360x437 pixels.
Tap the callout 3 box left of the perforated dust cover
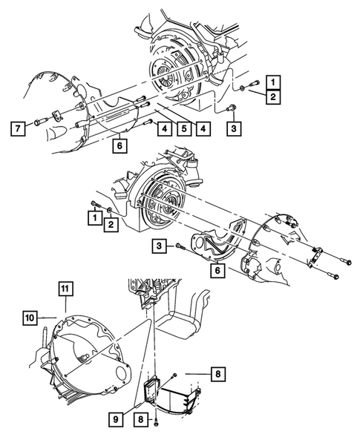pyautogui.click(x=159, y=246)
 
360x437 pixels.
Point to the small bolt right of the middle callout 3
pyautogui.click(x=179, y=246)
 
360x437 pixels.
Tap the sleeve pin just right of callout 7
pyautogui.click(x=36, y=122)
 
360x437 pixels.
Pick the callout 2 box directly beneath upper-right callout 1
pyautogui.click(x=274, y=97)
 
